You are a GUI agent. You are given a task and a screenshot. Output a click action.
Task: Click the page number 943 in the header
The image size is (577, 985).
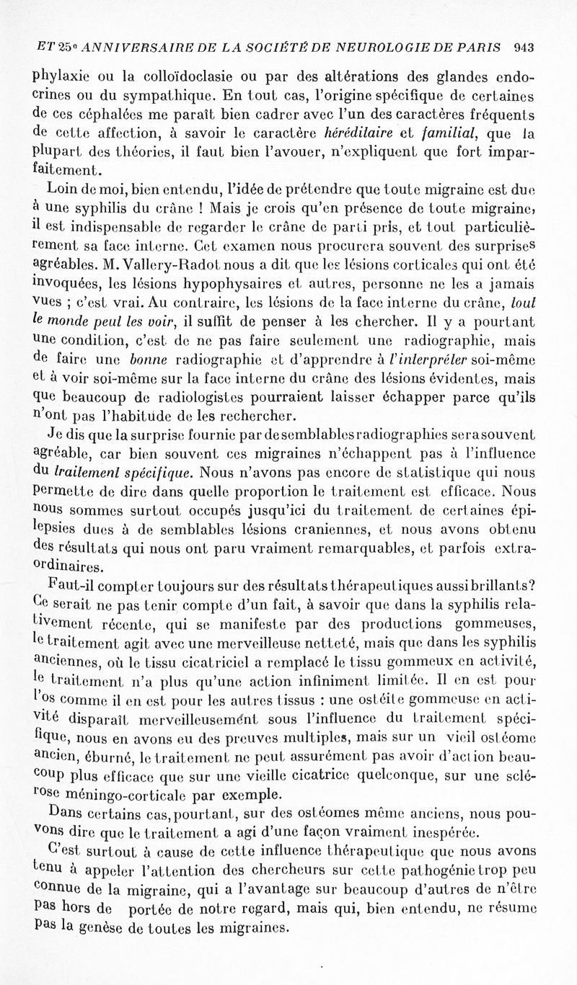[524, 49]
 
